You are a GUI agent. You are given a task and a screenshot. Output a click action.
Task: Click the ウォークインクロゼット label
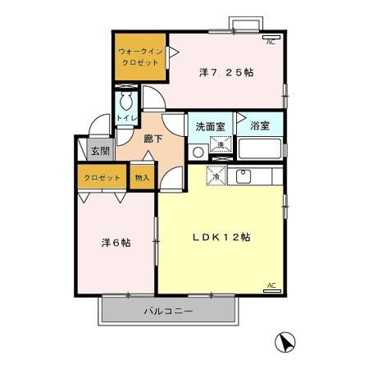tap(139, 57)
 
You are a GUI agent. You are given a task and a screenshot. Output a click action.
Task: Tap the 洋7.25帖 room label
tap(225, 72)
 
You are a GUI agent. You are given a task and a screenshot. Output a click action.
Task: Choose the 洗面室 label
tap(208, 127)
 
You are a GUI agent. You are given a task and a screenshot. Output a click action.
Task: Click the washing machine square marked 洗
tap(219, 145)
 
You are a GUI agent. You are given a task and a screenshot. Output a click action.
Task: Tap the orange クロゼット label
tap(102, 178)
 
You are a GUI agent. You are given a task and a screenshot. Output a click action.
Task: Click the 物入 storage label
tap(142, 177)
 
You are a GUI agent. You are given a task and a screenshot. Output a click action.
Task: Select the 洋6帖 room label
tap(116, 244)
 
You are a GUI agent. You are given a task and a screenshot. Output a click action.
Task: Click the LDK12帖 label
tap(221, 237)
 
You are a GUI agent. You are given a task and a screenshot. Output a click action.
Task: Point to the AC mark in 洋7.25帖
tap(271, 39)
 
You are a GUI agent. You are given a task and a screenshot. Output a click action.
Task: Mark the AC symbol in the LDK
tap(271, 285)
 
